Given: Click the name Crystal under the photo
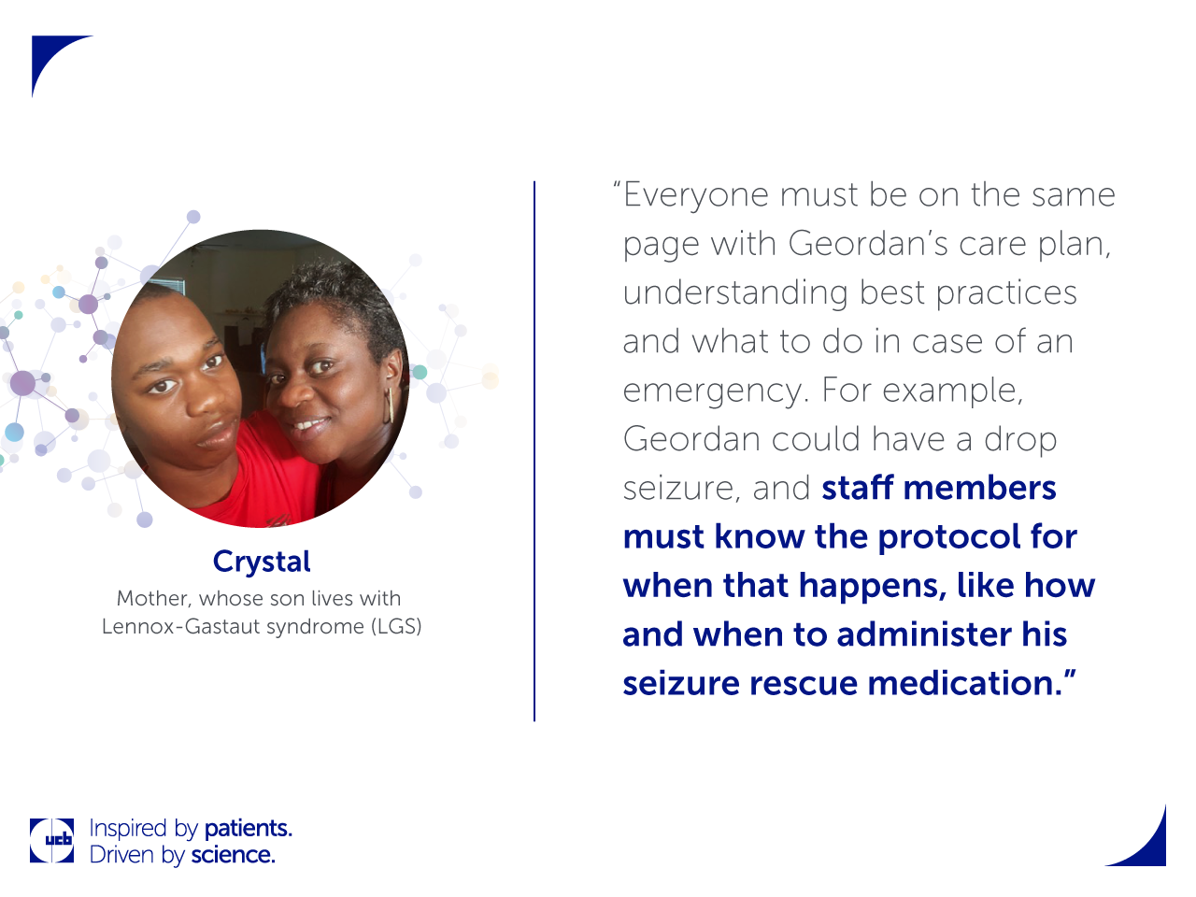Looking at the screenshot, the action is [x=262, y=562].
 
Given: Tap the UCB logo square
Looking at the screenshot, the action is [x=51, y=840].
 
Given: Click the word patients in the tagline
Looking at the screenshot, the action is [x=249, y=829].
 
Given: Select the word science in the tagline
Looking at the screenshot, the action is [x=233, y=856].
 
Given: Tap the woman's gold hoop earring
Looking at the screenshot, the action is [x=389, y=406].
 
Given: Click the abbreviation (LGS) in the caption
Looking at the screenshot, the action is [x=396, y=626].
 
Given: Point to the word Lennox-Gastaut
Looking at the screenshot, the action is [x=181, y=626].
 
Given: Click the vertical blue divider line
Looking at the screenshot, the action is [x=534, y=451].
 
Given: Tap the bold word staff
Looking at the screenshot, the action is [x=858, y=488].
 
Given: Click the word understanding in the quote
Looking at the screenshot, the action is [x=735, y=294].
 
